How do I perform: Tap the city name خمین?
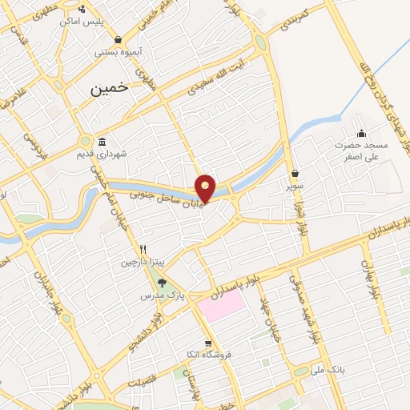[110, 90]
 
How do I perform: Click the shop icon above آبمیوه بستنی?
[119, 39]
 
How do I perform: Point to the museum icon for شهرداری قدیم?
[102, 139]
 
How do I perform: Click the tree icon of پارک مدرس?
[163, 282]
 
